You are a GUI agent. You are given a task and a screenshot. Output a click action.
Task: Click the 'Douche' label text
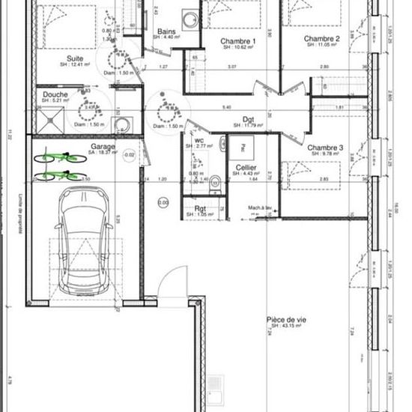coord(55,95)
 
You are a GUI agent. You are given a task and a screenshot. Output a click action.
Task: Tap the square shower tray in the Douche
coord(50,119)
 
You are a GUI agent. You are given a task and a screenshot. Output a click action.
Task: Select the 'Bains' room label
coord(166,31)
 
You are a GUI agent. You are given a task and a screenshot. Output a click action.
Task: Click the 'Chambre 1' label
coord(237,40)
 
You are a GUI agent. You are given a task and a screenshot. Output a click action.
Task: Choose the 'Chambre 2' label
coord(322,38)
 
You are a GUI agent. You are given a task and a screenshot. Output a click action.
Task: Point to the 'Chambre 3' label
coord(324,148)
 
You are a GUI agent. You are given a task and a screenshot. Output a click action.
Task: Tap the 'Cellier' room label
coord(246,167)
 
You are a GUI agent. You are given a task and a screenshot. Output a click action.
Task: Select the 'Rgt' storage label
coord(200,208)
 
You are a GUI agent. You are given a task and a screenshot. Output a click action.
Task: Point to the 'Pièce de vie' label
coord(285,320)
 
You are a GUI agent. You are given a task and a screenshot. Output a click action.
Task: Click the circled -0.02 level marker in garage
coord(130,155)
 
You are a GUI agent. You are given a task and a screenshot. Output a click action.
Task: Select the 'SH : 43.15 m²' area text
coord(286,327)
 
